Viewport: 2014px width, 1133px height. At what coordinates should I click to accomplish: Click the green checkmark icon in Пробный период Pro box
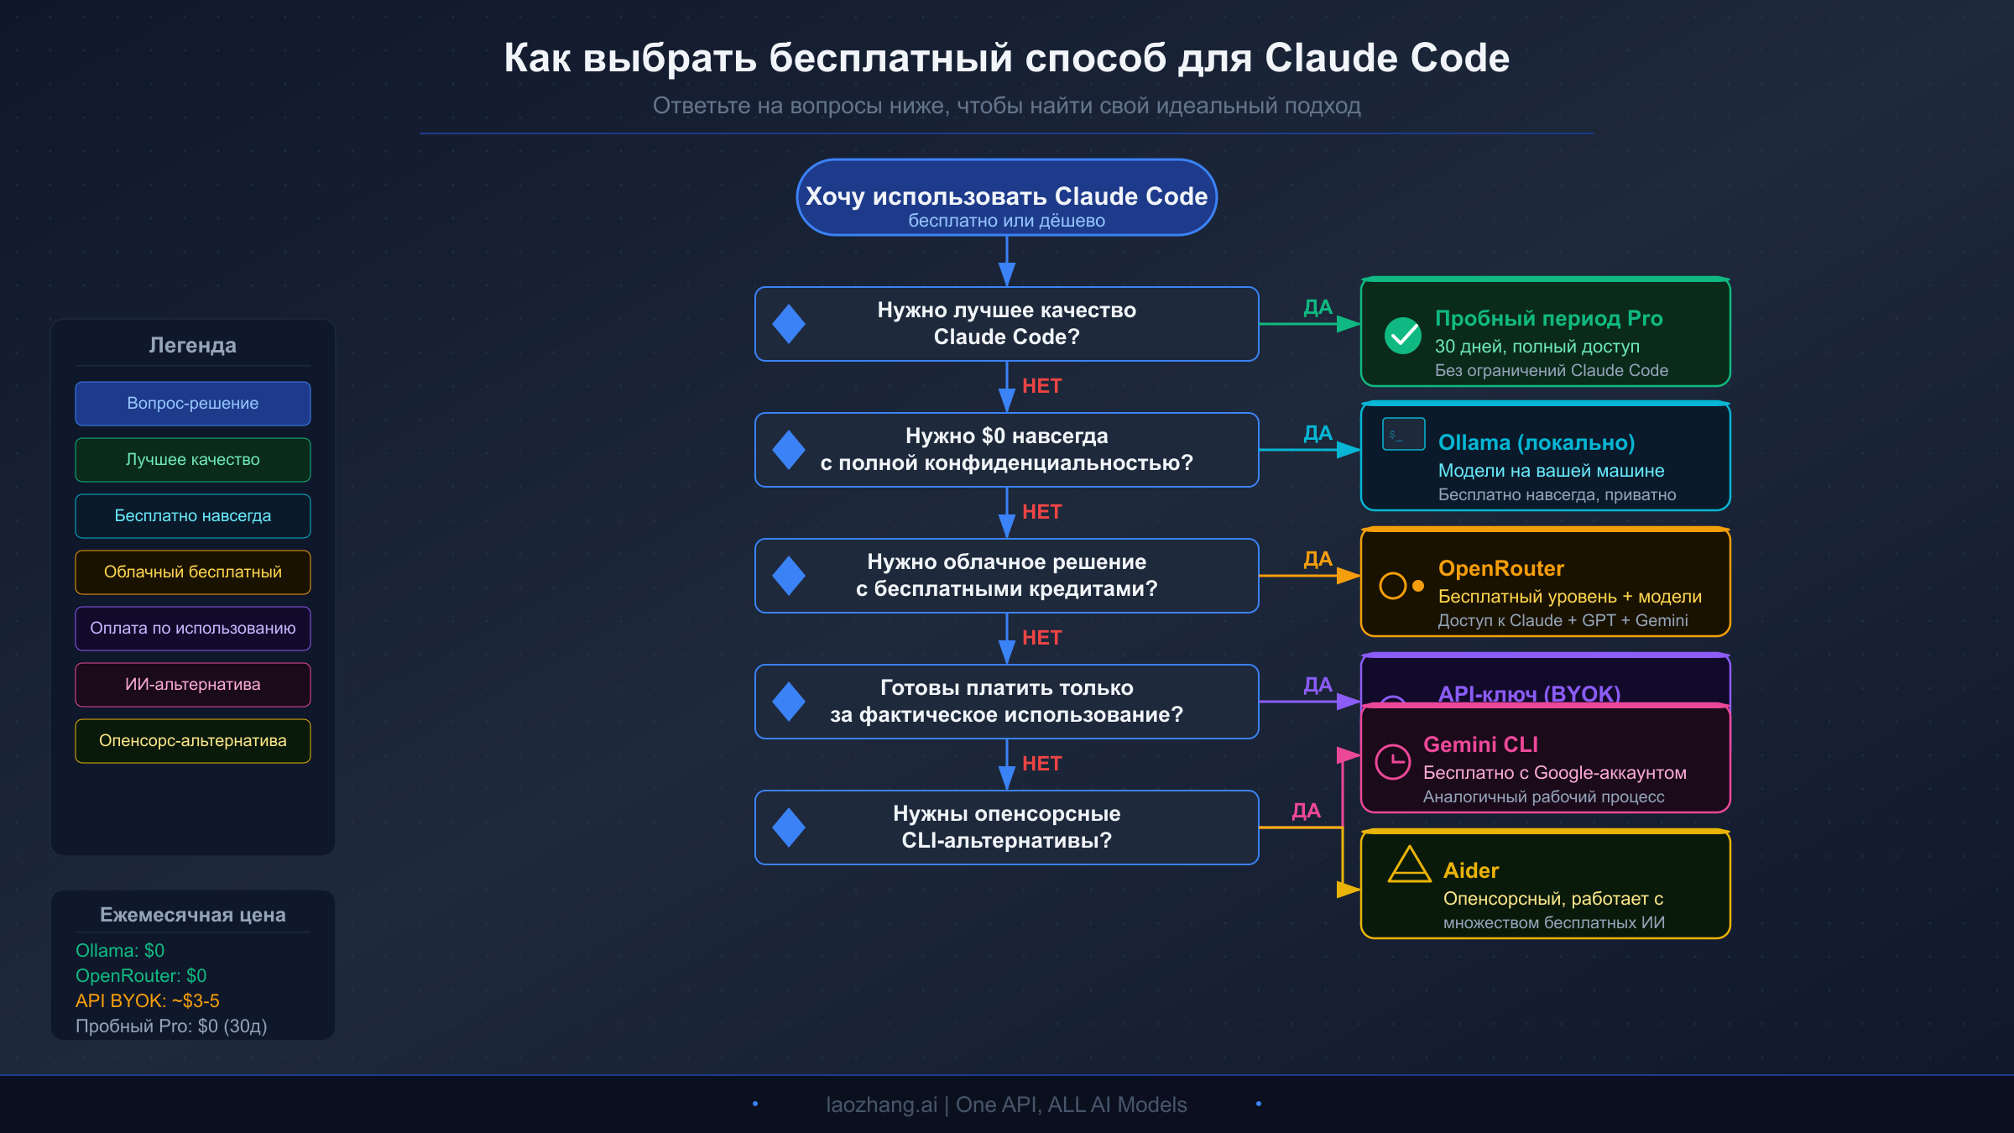1402,336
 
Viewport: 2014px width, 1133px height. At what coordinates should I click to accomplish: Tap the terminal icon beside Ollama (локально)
1403,435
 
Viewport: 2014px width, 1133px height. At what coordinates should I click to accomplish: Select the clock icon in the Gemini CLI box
1393,761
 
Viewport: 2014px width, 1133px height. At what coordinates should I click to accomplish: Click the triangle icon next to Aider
1409,866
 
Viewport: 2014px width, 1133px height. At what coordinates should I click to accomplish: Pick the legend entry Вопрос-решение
193,404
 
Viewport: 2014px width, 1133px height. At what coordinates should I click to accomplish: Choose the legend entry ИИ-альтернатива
193,685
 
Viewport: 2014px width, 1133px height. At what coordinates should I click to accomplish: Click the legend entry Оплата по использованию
193,629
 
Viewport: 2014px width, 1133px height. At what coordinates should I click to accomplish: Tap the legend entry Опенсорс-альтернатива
193,741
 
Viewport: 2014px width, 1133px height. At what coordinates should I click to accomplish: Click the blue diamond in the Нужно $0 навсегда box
789,450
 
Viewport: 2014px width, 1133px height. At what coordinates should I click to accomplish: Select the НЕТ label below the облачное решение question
1041,638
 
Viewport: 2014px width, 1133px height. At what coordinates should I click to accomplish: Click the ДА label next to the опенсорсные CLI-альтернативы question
1306,811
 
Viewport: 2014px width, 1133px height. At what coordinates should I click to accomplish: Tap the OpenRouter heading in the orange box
1500,569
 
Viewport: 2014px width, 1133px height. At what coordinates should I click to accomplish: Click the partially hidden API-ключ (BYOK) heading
1528,693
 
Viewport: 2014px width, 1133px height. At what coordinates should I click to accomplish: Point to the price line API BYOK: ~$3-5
148,1001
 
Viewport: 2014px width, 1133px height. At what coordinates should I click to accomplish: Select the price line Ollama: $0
120,951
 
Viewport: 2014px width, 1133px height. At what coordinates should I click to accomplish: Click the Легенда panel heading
193,346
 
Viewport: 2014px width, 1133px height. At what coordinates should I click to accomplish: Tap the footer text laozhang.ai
880,1104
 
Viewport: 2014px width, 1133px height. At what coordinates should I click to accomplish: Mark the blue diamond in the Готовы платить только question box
789,702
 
